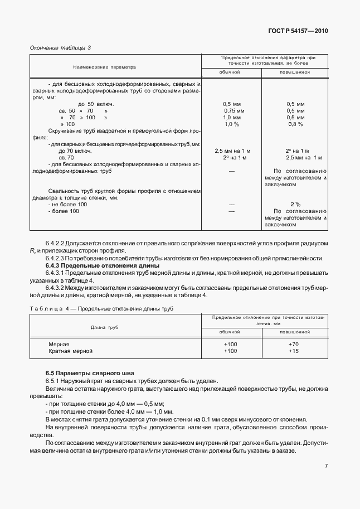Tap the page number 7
(326, 466)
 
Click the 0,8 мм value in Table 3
(295, 118)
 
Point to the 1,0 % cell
(231, 124)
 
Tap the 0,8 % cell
(295, 124)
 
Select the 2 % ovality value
(295, 205)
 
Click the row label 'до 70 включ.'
(75, 151)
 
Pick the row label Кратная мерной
(70, 351)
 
